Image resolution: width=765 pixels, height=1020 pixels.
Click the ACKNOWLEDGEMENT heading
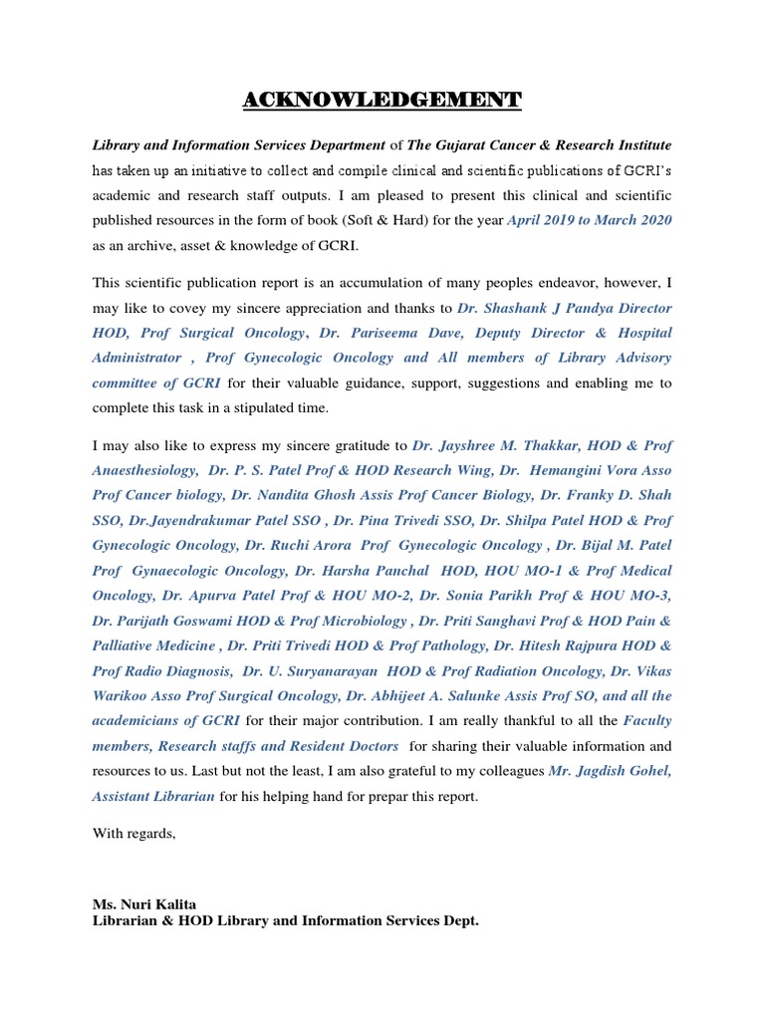point(382,100)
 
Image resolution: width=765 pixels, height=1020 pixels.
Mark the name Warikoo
point(125,695)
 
